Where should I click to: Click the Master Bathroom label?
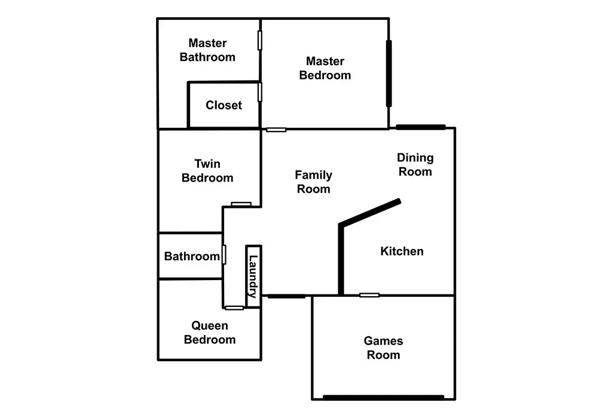coord(207,50)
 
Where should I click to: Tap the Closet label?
coord(224,105)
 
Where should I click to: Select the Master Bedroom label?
coord(325,68)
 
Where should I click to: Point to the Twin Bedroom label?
coord(207,171)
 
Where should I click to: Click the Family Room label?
coord(313,182)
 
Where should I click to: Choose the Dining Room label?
coord(415,165)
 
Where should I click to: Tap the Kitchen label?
coord(402,251)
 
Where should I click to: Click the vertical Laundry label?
coord(253,276)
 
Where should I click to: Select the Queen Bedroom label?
coord(210,333)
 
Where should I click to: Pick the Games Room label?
coord(383,348)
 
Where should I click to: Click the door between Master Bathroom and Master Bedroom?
coord(260,40)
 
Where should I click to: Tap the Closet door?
coord(260,92)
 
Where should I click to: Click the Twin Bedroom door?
coord(241,204)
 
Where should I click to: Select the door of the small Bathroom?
coord(224,254)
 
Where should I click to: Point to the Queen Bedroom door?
coord(234,308)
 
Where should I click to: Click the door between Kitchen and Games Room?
coord(369,295)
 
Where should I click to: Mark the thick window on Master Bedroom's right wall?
coord(388,73)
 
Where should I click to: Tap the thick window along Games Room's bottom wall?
coord(384,398)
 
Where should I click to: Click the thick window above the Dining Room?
coord(421,127)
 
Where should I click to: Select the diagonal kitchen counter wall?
coord(370,212)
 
